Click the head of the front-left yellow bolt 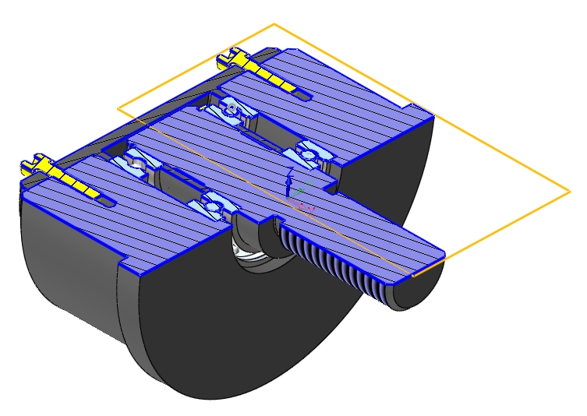33,164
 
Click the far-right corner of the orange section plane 571,190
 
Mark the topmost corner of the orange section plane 274,24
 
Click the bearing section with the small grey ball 232,108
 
